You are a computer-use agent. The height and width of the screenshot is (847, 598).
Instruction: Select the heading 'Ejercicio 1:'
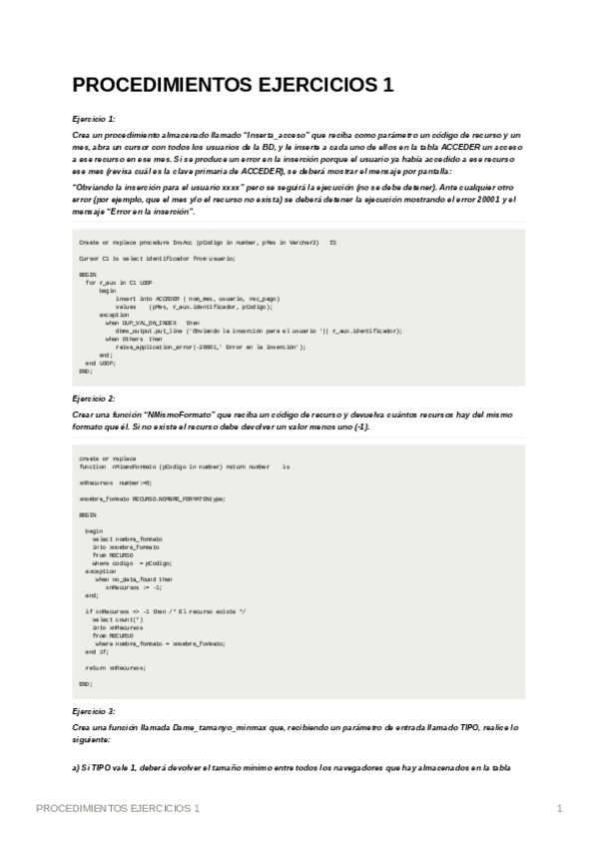[94, 119]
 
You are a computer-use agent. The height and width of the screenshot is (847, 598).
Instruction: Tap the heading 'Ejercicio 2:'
[94, 398]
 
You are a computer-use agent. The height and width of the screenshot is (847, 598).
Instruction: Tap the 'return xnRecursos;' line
[115, 667]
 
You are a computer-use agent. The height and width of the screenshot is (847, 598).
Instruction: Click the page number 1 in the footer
[560, 807]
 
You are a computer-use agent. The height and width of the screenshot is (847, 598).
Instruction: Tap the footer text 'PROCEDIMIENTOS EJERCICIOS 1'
[117, 807]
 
